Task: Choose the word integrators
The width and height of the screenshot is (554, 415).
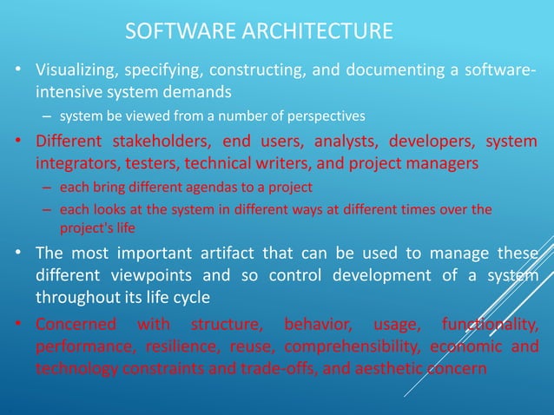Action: [74, 162]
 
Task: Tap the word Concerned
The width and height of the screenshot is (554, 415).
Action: [76, 326]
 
